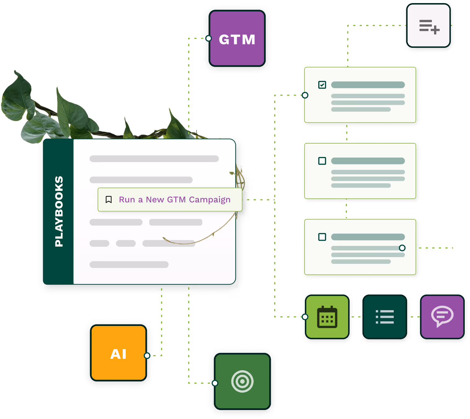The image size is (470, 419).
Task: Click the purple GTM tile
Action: [237, 39]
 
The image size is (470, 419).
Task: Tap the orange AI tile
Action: [118, 353]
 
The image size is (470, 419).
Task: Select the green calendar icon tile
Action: [327, 317]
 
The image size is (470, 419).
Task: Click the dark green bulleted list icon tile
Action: [385, 317]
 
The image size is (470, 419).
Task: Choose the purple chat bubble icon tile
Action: [442, 316]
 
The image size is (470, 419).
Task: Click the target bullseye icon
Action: [242, 381]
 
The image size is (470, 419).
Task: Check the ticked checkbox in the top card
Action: [322, 85]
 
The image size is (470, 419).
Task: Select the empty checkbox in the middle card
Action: [322, 161]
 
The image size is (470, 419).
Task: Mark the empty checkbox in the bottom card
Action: [322, 237]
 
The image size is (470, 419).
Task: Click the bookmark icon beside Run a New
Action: [109, 199]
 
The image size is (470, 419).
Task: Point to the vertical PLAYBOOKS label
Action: [59, 212]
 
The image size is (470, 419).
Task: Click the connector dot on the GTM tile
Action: [209, 38]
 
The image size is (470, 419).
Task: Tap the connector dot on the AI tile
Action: [147, 356]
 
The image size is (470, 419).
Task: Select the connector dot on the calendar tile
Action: [305, 317]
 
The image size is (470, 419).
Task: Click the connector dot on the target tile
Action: [215, 383]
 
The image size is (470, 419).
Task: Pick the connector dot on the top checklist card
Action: [305, 95]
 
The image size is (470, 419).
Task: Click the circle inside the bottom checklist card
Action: [402, 248]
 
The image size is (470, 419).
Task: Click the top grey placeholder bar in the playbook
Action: [154, 159]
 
